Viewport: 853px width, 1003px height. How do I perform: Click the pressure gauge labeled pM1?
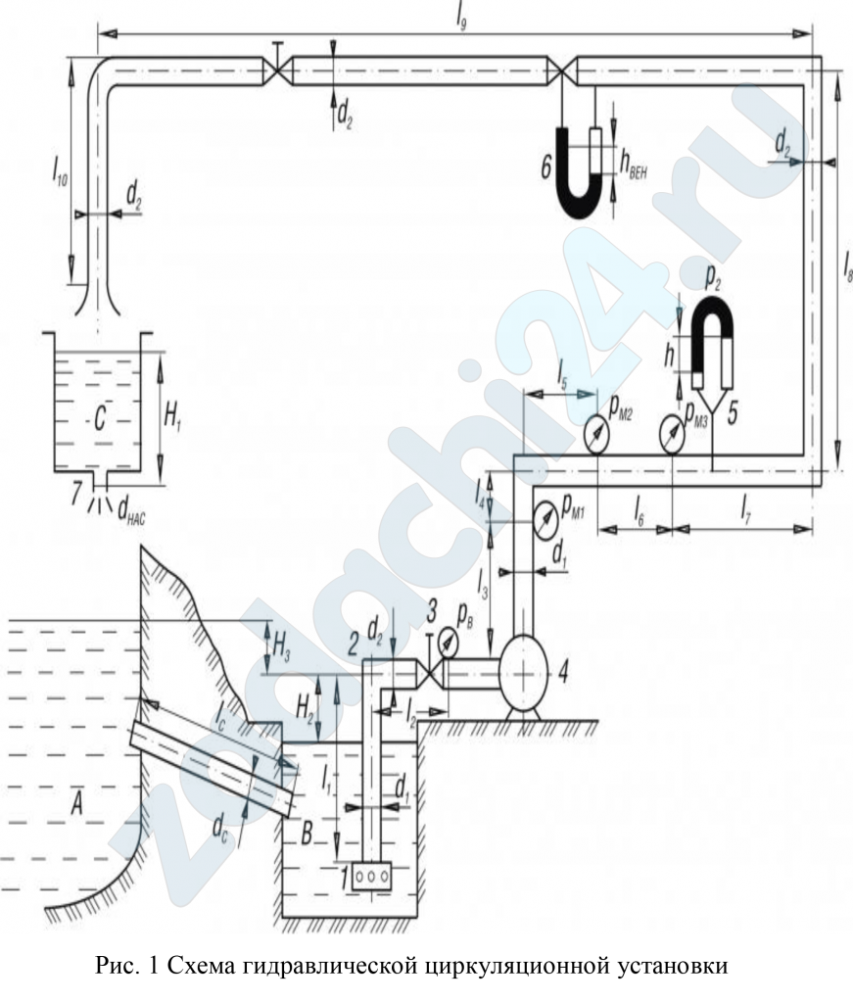point(545,522)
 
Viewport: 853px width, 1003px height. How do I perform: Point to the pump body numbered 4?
point(523,673)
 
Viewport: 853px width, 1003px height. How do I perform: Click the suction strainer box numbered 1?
point(370,876)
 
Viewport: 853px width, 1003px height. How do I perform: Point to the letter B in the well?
point(307,834)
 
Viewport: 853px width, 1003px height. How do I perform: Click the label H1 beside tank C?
point(172,419)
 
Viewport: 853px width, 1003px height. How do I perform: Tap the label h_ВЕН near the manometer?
point(634,166)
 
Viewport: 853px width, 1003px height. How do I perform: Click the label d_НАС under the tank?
point(132,511)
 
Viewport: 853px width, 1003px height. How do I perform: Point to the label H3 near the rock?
point(281,646)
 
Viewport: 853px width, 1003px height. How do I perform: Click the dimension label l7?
point(745,511)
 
